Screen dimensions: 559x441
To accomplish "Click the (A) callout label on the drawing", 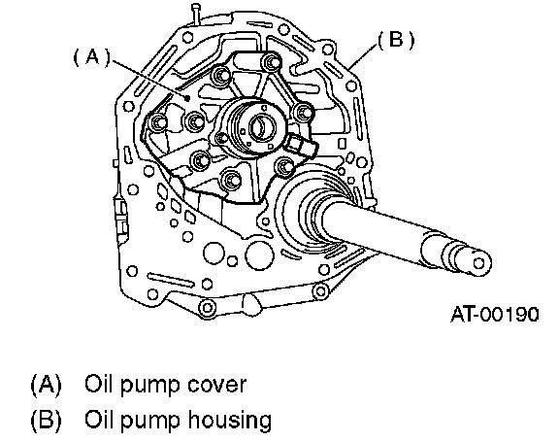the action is click(92, 58).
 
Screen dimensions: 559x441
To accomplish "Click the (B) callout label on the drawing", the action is click(396, 40).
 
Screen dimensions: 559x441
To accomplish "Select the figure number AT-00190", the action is click(495, 315).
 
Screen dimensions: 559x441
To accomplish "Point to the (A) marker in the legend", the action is click(47, 385).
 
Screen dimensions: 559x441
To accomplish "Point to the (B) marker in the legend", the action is click(47, 420).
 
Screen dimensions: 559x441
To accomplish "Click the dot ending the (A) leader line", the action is click(187, 98).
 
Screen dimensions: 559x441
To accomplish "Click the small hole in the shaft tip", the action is click(479, 263).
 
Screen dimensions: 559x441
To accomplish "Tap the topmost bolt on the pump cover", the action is click(272, 63).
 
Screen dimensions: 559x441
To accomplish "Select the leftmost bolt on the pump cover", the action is click(157, 122).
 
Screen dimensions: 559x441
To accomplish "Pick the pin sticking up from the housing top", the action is click(195, 14).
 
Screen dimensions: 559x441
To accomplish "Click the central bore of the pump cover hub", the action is click(262, 126).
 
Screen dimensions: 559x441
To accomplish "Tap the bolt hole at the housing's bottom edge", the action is click(207, 307).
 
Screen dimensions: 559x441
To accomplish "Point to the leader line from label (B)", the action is click(363, 55).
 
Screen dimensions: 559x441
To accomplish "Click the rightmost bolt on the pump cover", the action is click(304, 114).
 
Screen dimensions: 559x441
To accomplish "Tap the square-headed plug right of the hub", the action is click(296, 144).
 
